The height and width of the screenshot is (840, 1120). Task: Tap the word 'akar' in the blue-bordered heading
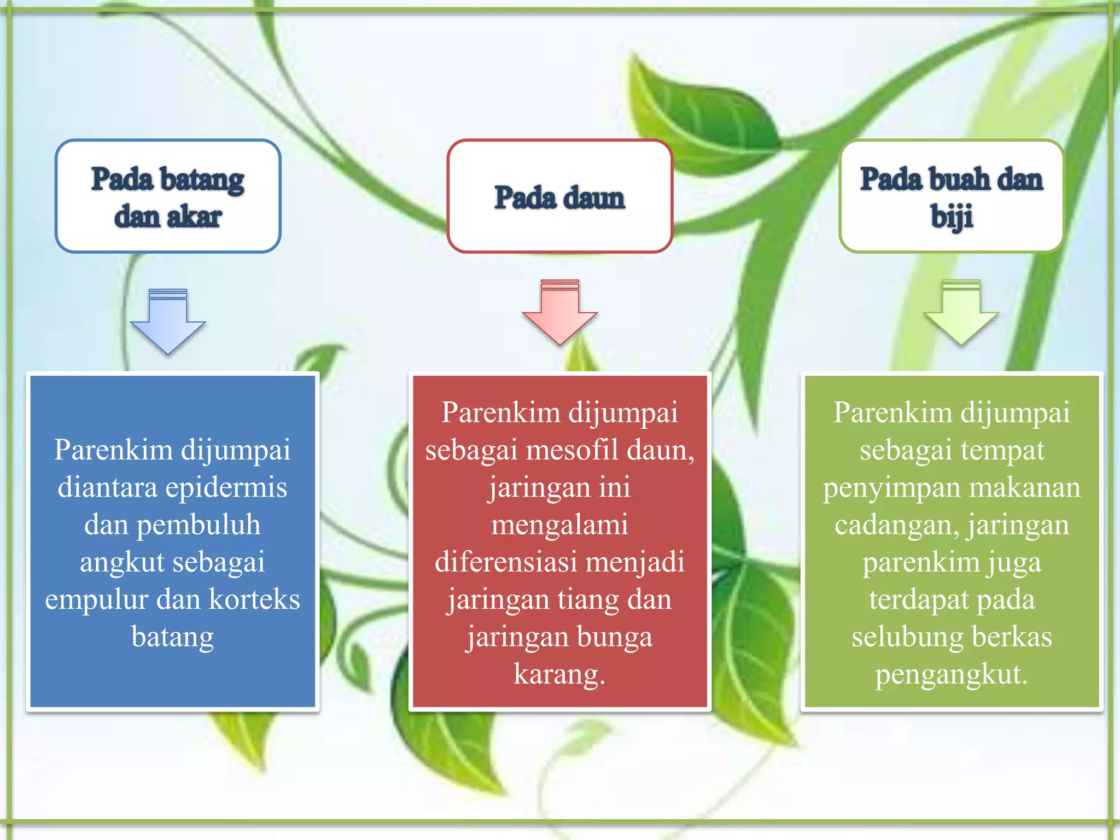tap(194, 217)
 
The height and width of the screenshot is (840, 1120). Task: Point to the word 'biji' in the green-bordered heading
tap(952, 217)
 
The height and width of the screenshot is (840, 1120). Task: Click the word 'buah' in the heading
tap(959, 179)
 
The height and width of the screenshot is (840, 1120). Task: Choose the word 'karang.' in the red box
tap(559, 674)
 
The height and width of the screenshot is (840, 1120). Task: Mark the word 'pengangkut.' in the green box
tap(952, 674)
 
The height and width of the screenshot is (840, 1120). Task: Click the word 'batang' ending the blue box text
tap(172, 637)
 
